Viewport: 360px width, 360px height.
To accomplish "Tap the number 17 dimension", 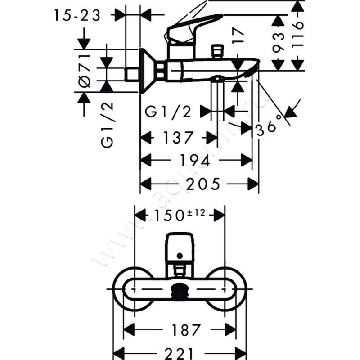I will (238, 36).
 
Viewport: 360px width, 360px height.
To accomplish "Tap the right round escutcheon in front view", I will (234, 288).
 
